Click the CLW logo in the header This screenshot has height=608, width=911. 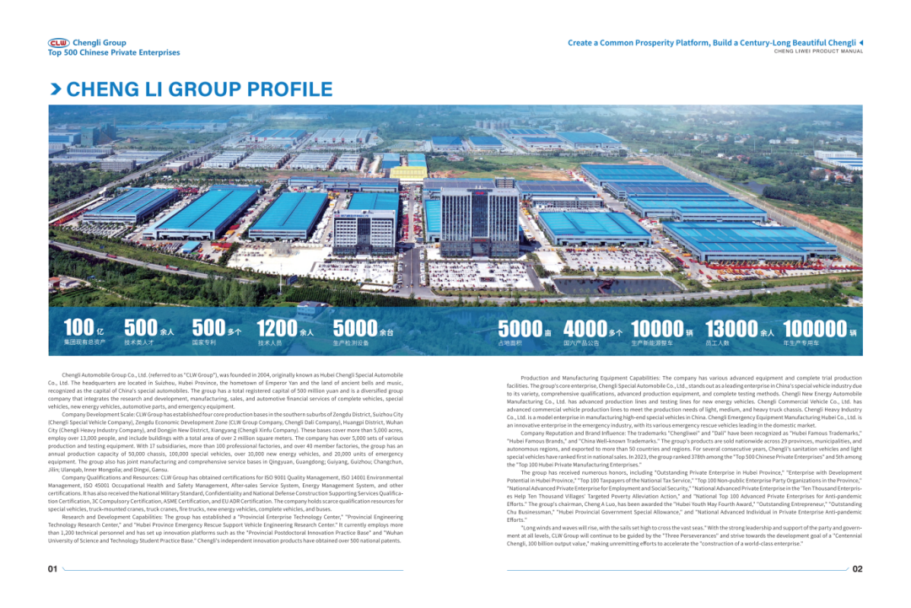click(58, 42)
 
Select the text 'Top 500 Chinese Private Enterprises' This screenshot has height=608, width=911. click(114, 52)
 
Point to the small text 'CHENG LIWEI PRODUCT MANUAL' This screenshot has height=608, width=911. click(818, 51)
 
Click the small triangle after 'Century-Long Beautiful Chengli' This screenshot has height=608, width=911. click(860, 42)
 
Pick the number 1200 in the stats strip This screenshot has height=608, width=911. click(277, 328)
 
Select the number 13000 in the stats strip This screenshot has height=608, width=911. click(731, 328)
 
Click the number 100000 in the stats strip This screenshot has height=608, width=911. click(814, 328)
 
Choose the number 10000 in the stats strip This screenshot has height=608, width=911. click(656, 328)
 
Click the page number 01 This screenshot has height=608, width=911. click(52, 569)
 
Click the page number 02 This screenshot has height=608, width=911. click(857, 569)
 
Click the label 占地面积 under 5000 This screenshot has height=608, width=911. click(510, 343)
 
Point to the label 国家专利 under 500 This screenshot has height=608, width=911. click(204, 343)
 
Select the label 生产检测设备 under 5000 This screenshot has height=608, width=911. click(351, 343)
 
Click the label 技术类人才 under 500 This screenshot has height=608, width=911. click(138, 343)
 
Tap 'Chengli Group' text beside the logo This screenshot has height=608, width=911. click(100, 42)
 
